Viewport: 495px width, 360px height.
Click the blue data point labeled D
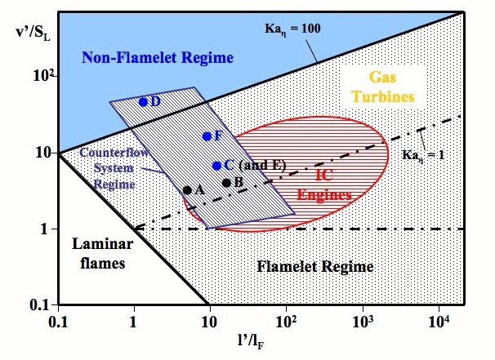coord(143,102)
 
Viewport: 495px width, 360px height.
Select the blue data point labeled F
coord(207,136)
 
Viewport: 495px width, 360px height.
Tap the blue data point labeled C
coord(216,165)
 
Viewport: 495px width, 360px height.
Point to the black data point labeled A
coord(187,190)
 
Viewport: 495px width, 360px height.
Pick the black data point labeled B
coord(226,182)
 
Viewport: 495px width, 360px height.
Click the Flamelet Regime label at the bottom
coord(314,266)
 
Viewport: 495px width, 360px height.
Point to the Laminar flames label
coord(96,253)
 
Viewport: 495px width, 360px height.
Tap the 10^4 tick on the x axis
coord(439,320)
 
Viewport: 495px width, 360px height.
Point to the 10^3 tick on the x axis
coord(363,320)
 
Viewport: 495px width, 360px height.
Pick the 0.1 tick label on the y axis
coord(41,304)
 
